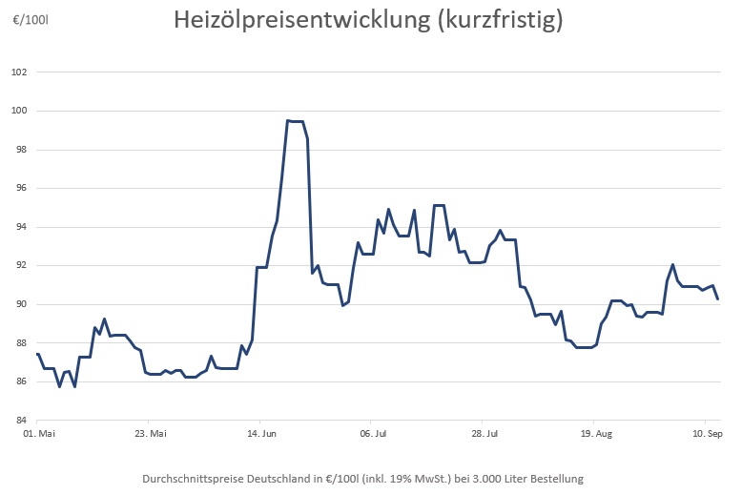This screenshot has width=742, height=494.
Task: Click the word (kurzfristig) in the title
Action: [x=498, y=20]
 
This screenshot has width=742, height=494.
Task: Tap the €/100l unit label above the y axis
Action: [x=30, y=19]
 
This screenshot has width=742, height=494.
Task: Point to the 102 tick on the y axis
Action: [x=19, y=72]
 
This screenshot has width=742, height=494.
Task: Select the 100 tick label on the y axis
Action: [x=19, y=112]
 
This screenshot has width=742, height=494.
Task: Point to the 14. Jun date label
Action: [x=263, y=434]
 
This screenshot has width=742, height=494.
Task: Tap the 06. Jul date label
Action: [x=375, y=434]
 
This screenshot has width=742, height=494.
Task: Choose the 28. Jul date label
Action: [x=485, y=434]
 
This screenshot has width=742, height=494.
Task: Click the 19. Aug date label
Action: [x=596, y=434]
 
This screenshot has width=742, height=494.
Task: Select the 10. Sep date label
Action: [x=707, y=434]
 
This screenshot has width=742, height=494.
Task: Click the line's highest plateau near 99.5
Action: [x=296, y=121]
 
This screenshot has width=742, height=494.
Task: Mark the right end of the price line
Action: [x=717, y=298]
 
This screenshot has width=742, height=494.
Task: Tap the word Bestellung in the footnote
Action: [x=551, y=478]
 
